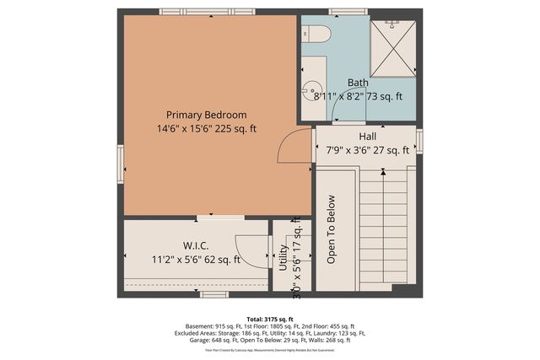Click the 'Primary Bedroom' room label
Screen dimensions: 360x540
point(206,115)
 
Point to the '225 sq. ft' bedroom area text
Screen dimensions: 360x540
point(235,129)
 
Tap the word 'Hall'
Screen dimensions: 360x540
point(367,137)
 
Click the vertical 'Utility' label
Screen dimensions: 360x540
point(283,256)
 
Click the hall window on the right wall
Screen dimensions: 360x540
point(419,141)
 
